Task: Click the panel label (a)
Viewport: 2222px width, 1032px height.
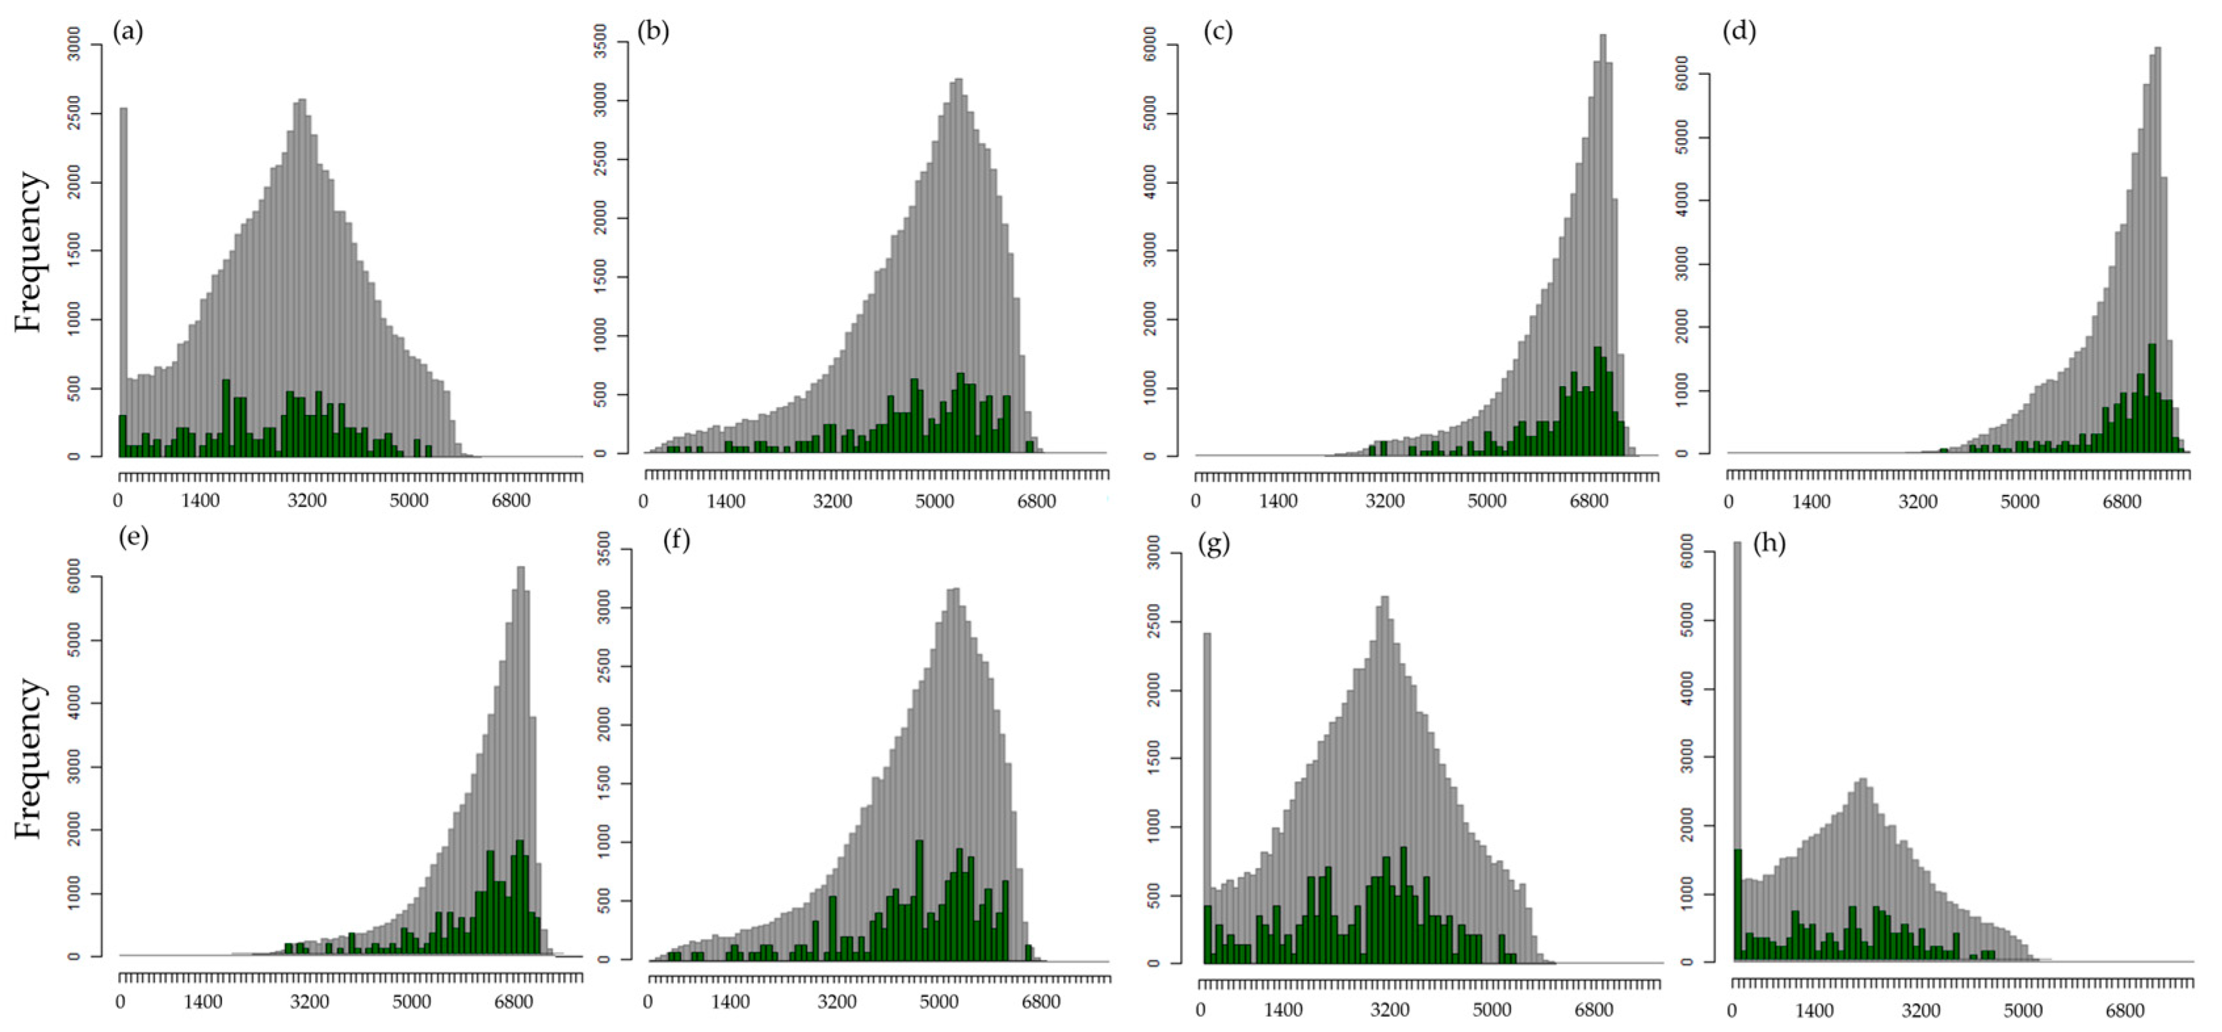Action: (129, 33)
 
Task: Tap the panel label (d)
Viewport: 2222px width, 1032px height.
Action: (1739, 32)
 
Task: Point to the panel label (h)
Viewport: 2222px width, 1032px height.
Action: (1769, 544)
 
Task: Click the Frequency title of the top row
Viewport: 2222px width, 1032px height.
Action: (28, 252)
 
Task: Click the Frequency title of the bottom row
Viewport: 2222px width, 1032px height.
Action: (28, 758)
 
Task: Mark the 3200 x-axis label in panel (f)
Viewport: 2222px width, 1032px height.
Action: (837, 1002)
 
